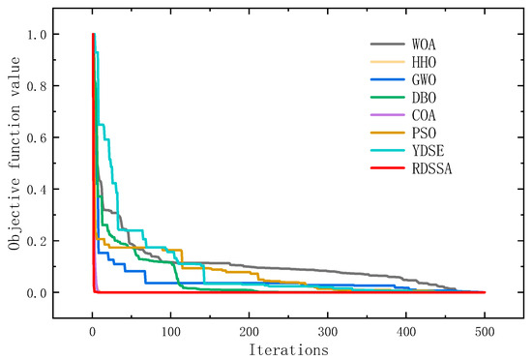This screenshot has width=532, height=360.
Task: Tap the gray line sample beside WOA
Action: click(x=389, y=45)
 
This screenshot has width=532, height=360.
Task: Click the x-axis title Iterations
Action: click(x=288, y=346)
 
